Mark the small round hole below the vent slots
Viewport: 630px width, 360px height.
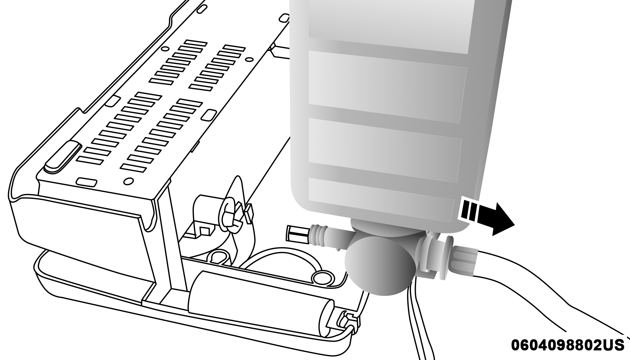click(128, 181)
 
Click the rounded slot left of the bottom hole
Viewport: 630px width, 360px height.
click(86, 182)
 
